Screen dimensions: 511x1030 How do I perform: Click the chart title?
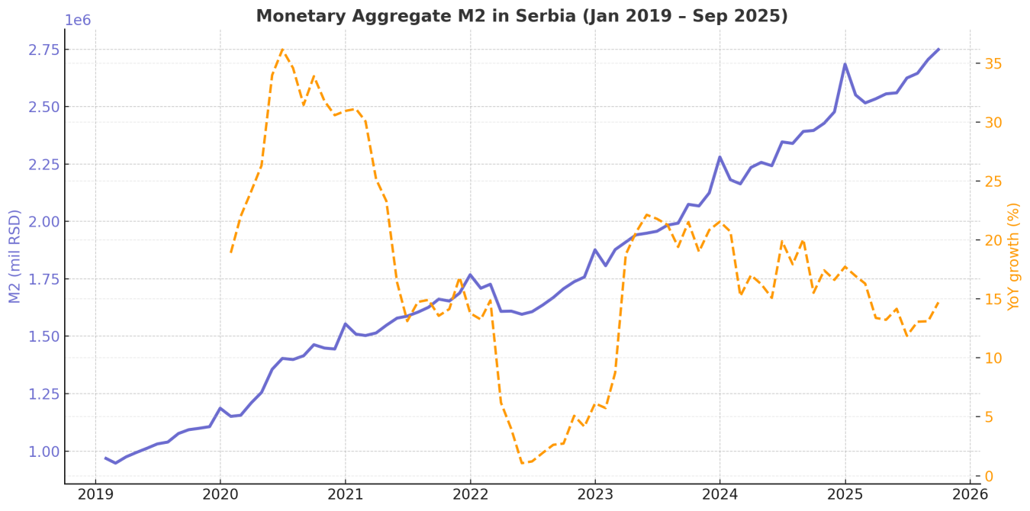[x=521, y=16]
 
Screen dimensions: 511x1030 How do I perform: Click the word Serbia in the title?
[x=549, y=16]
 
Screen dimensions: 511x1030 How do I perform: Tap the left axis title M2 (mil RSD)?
[x=15, y=256]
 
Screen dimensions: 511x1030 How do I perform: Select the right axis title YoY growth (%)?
[x=1013, y=256]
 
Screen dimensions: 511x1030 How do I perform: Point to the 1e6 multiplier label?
[x=77, y=21]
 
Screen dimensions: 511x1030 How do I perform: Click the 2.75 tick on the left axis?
[x=44, y=50]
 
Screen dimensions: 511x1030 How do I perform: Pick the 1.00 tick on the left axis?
[x=44, y=452]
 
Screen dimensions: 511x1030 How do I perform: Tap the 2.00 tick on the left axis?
[x=44, y=222]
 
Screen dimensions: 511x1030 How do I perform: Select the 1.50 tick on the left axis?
[x=44, y=336]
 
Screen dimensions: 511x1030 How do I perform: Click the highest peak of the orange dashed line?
[x=282, y=49]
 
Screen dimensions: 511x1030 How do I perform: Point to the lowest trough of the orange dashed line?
[x=522, y=463]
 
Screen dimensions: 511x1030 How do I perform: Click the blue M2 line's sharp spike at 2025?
[x=845, y=64]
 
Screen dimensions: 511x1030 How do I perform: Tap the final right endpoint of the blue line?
[x=938, y=49]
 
